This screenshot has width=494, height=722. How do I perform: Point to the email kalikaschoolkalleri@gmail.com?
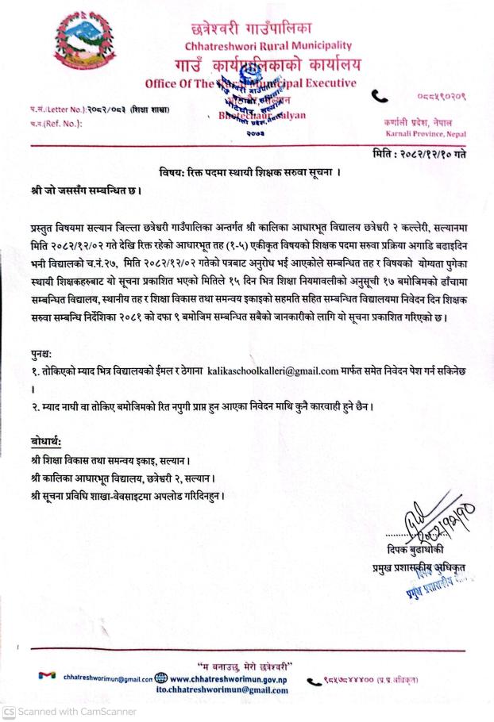coord(272,370)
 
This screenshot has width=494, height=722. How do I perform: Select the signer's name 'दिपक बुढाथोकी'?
coord(413,551)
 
